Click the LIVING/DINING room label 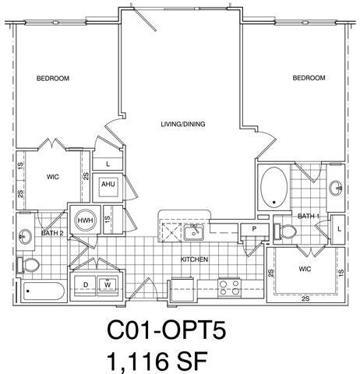point(182,125)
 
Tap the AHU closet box point(108,185)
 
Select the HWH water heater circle point(83,221)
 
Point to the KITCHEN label point(194,259)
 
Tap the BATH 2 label point(51,233)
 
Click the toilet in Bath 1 point(287,232)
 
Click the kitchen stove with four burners point(229,286)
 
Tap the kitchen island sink point(196,231)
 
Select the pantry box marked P point(253,229)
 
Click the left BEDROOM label point(53,79)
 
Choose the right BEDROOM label point(309,78)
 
